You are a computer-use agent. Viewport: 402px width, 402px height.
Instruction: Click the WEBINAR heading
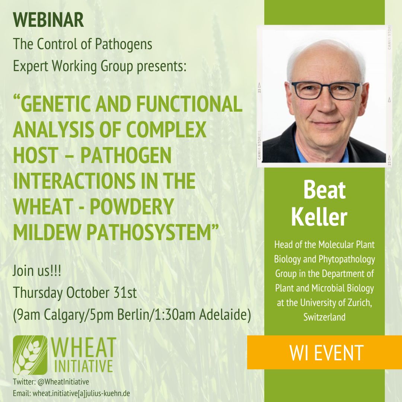[48, 21]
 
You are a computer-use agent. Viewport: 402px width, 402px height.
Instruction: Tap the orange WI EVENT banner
[326, 352]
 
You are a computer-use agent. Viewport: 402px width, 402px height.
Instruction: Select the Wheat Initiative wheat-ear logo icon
[30, 355]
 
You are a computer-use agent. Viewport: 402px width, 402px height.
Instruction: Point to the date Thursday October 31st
[75, 293]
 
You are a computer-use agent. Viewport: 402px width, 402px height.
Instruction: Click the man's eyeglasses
[325, 90]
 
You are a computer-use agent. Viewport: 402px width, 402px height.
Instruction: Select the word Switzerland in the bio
[324, 317]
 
